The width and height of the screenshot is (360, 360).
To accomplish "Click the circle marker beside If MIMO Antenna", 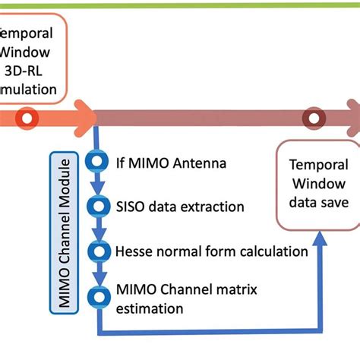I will click(x=97, y=162).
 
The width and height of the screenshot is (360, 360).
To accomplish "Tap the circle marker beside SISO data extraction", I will click(x=97, y=206).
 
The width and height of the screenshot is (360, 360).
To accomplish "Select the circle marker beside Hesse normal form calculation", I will click(x=97, y=251).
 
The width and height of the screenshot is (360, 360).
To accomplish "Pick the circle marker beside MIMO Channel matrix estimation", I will click(x=97, y=295).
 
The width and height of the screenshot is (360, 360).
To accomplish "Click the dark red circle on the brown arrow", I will click(x=312, y=118).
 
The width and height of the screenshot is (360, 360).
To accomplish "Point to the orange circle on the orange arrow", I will click(x=27, y=118).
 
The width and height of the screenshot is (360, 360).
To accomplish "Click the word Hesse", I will click(x=133, y=251).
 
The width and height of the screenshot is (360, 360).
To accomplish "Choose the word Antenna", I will click(x=200, y=163).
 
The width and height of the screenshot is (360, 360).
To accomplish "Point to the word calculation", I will click(x=273, y=251).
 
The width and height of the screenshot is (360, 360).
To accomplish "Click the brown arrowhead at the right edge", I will click(x=350, y=118).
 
